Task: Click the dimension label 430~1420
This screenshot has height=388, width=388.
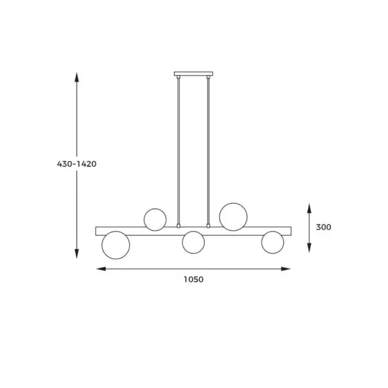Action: coord(77,164)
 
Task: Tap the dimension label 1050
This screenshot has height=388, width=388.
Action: coord(193,279)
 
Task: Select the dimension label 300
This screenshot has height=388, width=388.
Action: coord(323,227)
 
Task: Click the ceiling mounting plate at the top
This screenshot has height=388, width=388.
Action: coord(193,74)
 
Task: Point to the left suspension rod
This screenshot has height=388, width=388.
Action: coord(178,151)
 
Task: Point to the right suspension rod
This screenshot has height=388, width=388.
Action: coord(208,151)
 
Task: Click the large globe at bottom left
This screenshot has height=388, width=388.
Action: coord(116,245)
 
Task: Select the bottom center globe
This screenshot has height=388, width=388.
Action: coord(193,242)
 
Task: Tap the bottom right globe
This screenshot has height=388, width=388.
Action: coord(273,242)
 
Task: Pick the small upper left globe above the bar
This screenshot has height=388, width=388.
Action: coord(155,219)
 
